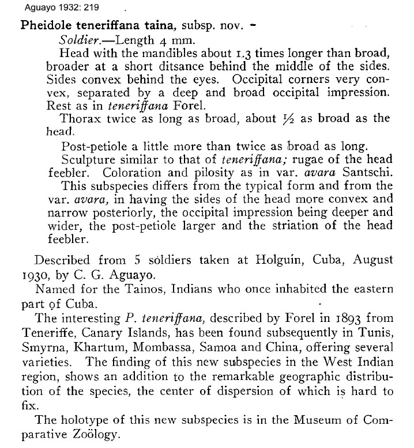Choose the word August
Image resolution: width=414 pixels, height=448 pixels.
[374, 259]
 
